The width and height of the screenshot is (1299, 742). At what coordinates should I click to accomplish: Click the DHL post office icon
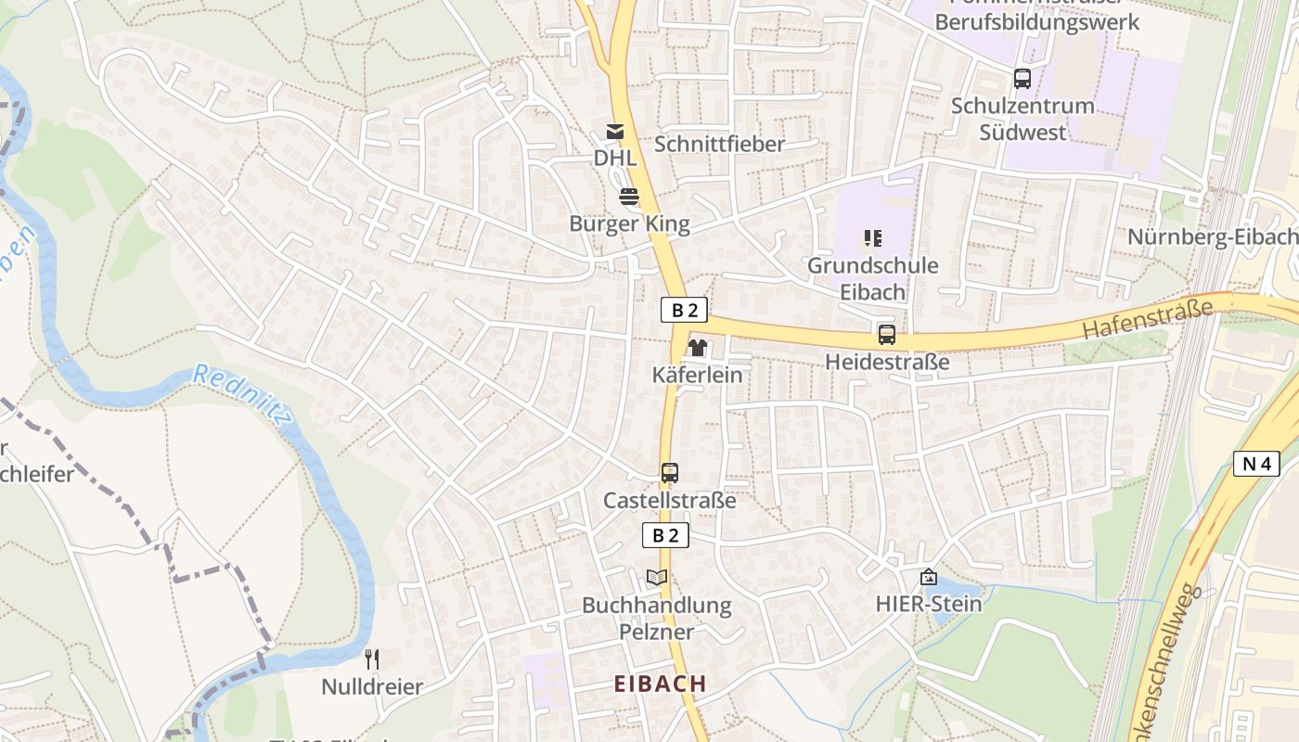(x=614, y=132)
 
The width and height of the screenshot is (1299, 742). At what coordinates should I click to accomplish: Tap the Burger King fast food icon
(x=629, y=197)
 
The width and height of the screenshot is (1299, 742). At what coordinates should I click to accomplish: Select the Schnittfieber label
(x=719, y=144)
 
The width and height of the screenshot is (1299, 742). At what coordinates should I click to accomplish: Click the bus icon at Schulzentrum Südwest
(x=1022, y=79)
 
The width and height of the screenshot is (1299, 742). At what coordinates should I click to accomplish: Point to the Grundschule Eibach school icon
(x=872, y=238)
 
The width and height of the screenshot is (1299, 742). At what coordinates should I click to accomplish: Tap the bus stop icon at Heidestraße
(x=887, y=335)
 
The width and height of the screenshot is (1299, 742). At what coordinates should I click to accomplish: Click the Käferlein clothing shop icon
(x=697, y=348)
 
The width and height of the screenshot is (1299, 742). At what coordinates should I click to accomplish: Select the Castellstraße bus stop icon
(x=670, y=473)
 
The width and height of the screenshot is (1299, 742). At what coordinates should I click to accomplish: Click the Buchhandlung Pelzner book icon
(x=657, y=577)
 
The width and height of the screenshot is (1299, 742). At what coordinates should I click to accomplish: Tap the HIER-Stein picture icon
(x=928, y=577)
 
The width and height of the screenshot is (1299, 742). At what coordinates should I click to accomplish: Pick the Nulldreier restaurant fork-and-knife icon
(x=372, y=659)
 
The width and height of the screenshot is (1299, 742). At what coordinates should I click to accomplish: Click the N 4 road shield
(x=1256, y=463)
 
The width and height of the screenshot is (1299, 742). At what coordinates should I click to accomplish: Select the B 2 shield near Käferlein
(x=685, y=310)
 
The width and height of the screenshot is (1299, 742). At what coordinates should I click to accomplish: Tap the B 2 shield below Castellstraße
(x=666, y=535)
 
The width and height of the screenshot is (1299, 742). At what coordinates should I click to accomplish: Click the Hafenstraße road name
(x=1148, y=318)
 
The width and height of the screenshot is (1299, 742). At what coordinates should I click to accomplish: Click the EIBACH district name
(x=661, y=684)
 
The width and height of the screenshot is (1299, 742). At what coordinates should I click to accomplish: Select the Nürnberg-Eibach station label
(x=1212, y=237)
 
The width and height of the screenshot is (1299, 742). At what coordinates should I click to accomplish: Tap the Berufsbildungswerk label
(x=1036, y=21)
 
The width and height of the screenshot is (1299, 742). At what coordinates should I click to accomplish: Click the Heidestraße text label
(x=887, y=362)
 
